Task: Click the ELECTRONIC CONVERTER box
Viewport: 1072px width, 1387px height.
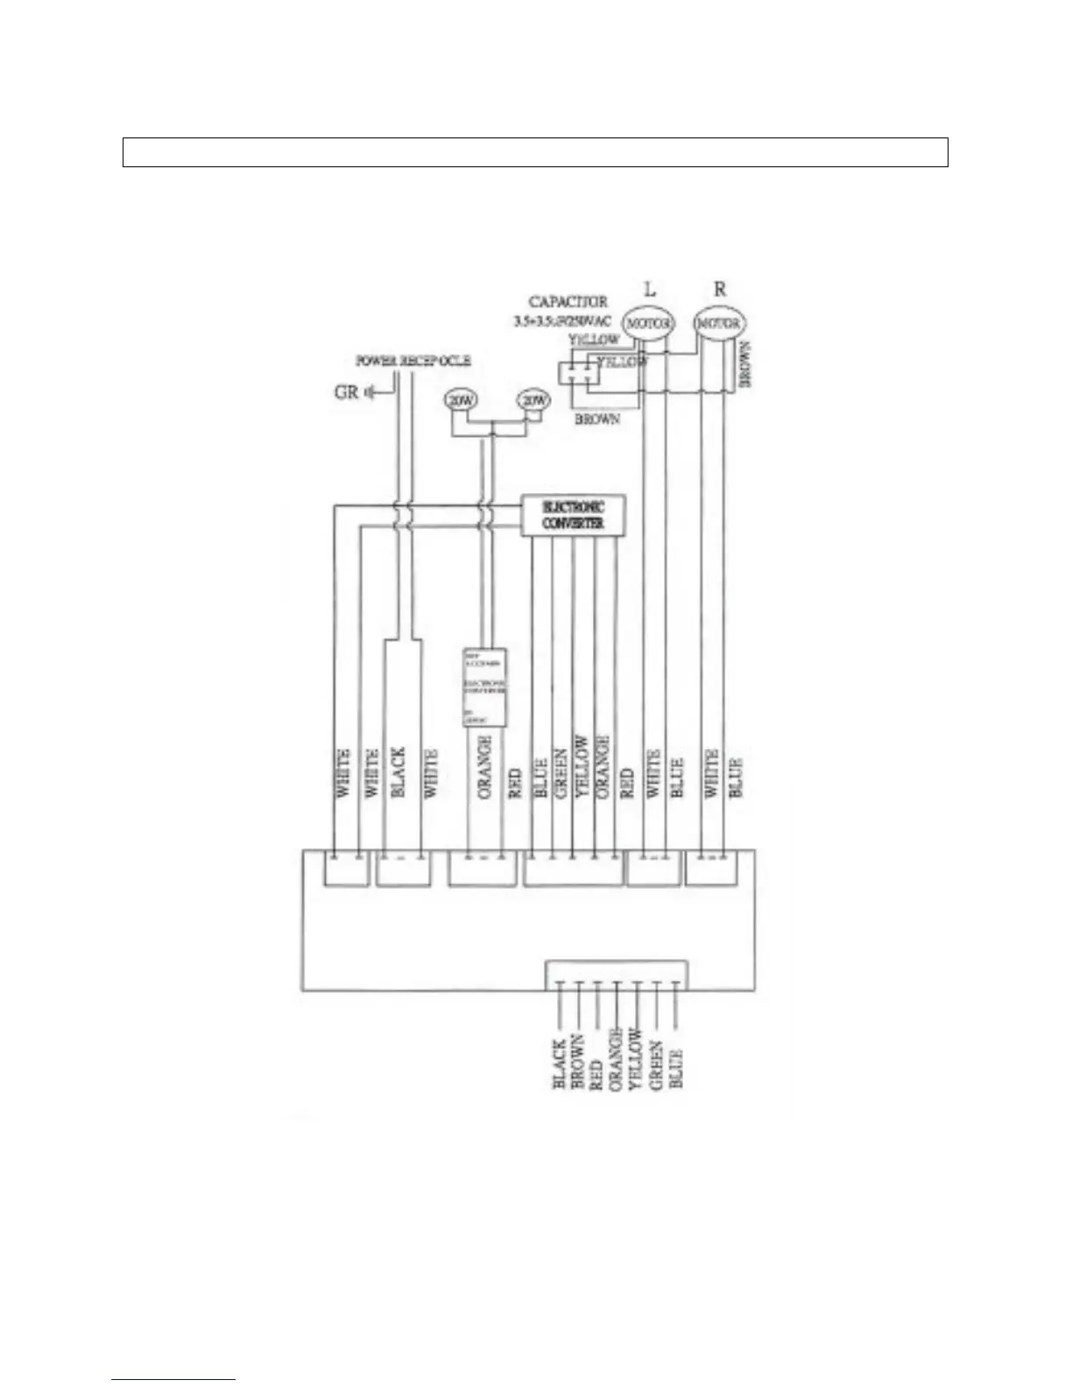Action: click(x=574, y=516)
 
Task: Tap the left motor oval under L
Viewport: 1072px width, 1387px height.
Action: click(x=648, y=323)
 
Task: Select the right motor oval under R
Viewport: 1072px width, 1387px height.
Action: click(x=720, y=323)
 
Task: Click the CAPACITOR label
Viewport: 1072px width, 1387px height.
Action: click(x=568, y=301)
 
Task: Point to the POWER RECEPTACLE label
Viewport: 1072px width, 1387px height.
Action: click(x=413, y=361)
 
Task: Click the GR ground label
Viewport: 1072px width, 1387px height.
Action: click(x=347, y=391)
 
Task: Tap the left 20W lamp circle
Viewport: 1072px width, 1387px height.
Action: click(x=461, y=400)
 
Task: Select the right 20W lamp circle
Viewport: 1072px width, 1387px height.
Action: click(x=533, y=400)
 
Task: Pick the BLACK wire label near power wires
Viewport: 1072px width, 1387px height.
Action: click(x=398, y=771)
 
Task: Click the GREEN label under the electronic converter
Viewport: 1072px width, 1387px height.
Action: click(x=561, y=771)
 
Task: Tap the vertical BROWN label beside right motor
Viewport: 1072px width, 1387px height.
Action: click(x=746, y=364)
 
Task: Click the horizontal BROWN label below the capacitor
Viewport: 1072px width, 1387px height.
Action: click(x=596, y=419)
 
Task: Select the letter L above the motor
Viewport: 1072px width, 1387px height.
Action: click(x=649, y=289)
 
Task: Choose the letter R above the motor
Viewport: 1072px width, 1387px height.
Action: click(x=720, y=289)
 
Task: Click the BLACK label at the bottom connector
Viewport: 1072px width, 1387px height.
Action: click(x=559, y=1065)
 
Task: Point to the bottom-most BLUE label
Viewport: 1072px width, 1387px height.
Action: click(x=676, y=1068)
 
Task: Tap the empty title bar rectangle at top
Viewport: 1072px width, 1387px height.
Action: click(x=535, y=152)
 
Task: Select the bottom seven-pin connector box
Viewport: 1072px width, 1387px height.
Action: click(x=617, y=975)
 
